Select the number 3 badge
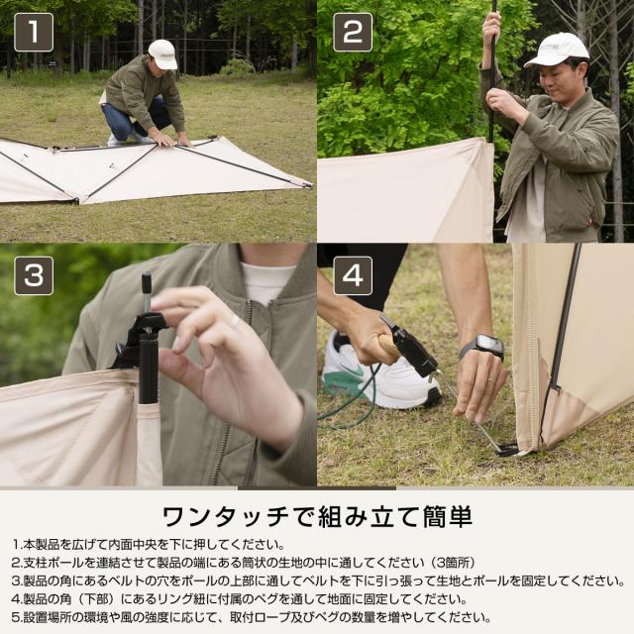(x=34, y=275)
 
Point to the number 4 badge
(x=352, y=275)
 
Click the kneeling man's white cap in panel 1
(x=162, y=53)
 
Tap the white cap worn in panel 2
(x=557, y=50)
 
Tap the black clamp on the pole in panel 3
(x=145, y=332)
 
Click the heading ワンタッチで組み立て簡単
(x=316, y=515)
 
